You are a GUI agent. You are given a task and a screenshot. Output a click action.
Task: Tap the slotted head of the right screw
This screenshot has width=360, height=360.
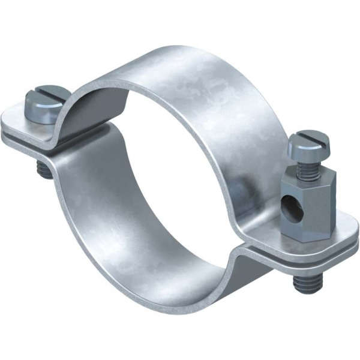307,143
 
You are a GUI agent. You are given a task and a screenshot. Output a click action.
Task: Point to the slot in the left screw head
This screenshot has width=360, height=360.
43,96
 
